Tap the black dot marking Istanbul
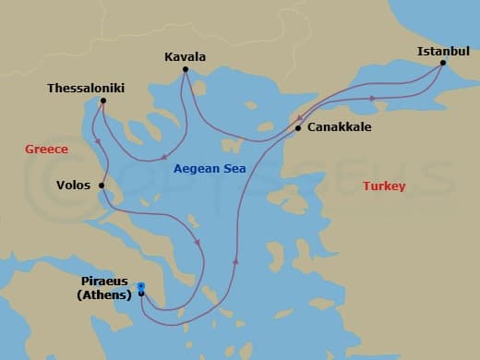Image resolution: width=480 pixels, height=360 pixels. [x=443, y=64]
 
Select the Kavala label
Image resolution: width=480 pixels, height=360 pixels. [x=185, y=56]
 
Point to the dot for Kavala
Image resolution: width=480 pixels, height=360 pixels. [x=185, y=69]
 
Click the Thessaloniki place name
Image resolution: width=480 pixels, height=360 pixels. [x=86, y=89]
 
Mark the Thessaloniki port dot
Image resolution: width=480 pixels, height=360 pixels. [x=102, y=101]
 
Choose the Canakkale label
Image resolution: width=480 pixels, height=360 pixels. [x=339, y=127]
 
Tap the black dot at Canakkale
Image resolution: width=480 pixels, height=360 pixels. [x=297, y=128]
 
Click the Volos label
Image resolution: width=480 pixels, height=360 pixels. [x=73, y=186]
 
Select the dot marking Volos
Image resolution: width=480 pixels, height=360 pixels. [x=102, y=186]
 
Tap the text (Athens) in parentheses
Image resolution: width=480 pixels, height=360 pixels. [x=103, y=295]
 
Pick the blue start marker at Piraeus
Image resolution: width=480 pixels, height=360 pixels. [x=140, y=286]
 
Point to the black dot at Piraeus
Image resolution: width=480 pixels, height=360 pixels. [x=140, y=294]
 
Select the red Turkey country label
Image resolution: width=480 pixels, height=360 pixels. [x=383, y=186]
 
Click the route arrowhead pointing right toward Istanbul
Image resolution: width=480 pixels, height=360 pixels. [x=371, y=97]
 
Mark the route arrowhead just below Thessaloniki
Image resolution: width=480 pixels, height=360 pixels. [x=97, y=141]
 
